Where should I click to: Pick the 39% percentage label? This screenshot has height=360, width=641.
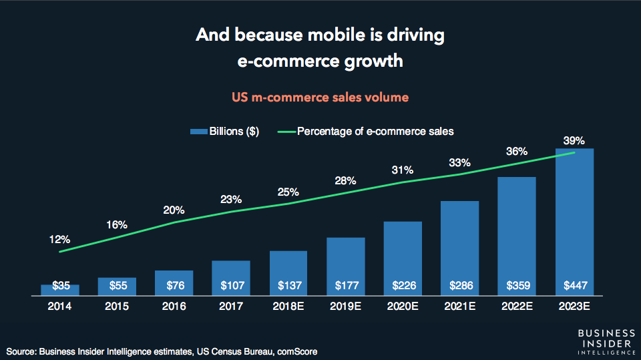pos(574,140)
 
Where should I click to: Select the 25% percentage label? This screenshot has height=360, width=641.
pos(288,192)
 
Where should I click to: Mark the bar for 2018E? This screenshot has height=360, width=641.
pos(288,273)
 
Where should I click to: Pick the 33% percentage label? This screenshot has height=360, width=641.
pos(459,162)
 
